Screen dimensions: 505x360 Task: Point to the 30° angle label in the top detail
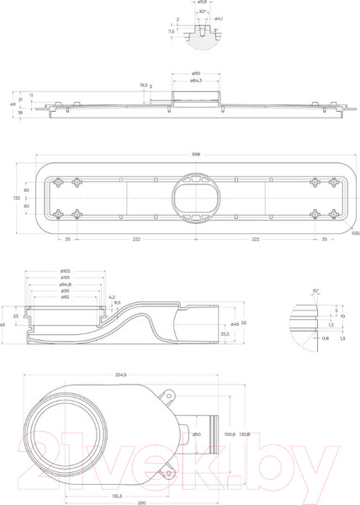202,12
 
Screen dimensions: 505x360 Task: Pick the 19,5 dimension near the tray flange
144,85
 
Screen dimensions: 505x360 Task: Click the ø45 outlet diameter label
235,323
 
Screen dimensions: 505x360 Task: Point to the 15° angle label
315,290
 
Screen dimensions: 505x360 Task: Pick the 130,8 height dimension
244,434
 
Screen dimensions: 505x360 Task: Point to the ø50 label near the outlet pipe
196,434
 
